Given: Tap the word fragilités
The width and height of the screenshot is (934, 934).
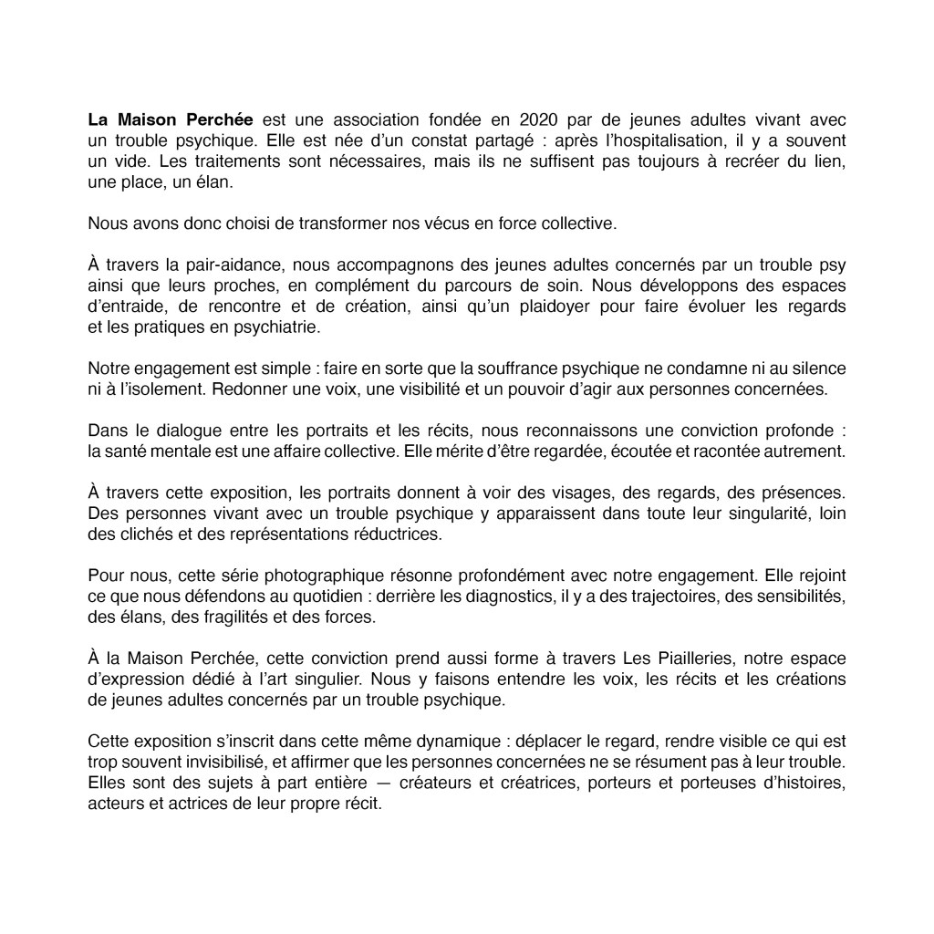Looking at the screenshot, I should pyautogui.click(x=244, y=617).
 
